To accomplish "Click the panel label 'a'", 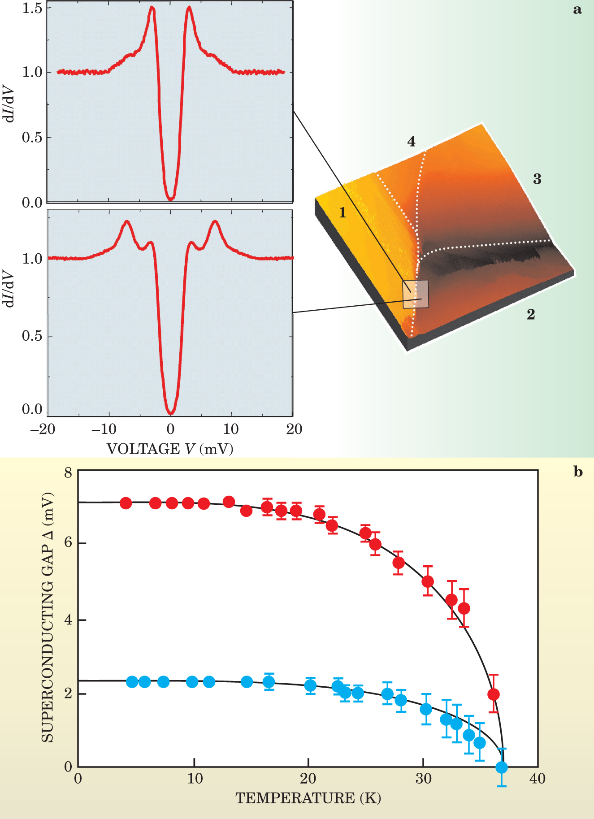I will click(x=577, y=10).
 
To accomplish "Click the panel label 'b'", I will click(x=578, y=472).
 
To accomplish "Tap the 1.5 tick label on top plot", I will click(x=32, y=8).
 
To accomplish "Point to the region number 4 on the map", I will click(x=411, y=142).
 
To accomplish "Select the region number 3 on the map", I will click(x=537, y=179).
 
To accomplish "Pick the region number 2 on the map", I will click(x=531, y=314).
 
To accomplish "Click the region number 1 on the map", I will click(x=343, y=212).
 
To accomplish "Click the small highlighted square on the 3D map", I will click(x=416, y=294).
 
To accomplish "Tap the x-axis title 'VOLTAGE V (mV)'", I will click(x=170, y=449).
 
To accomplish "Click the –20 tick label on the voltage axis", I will click(x=43, y=429).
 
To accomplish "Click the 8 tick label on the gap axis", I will click(x=68, y=472).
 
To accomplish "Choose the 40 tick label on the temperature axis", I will click(x=537, y=779).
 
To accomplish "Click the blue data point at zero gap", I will click(x=502, y=767).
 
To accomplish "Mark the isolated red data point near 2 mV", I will click(x=493, y=694).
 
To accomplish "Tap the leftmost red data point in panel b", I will click(x=126, y=503).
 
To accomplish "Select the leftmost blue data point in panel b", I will click(x=132, y=682).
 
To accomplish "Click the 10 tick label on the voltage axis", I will click(x=231, y=429).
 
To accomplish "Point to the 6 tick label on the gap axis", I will click(x=68, y=542).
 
